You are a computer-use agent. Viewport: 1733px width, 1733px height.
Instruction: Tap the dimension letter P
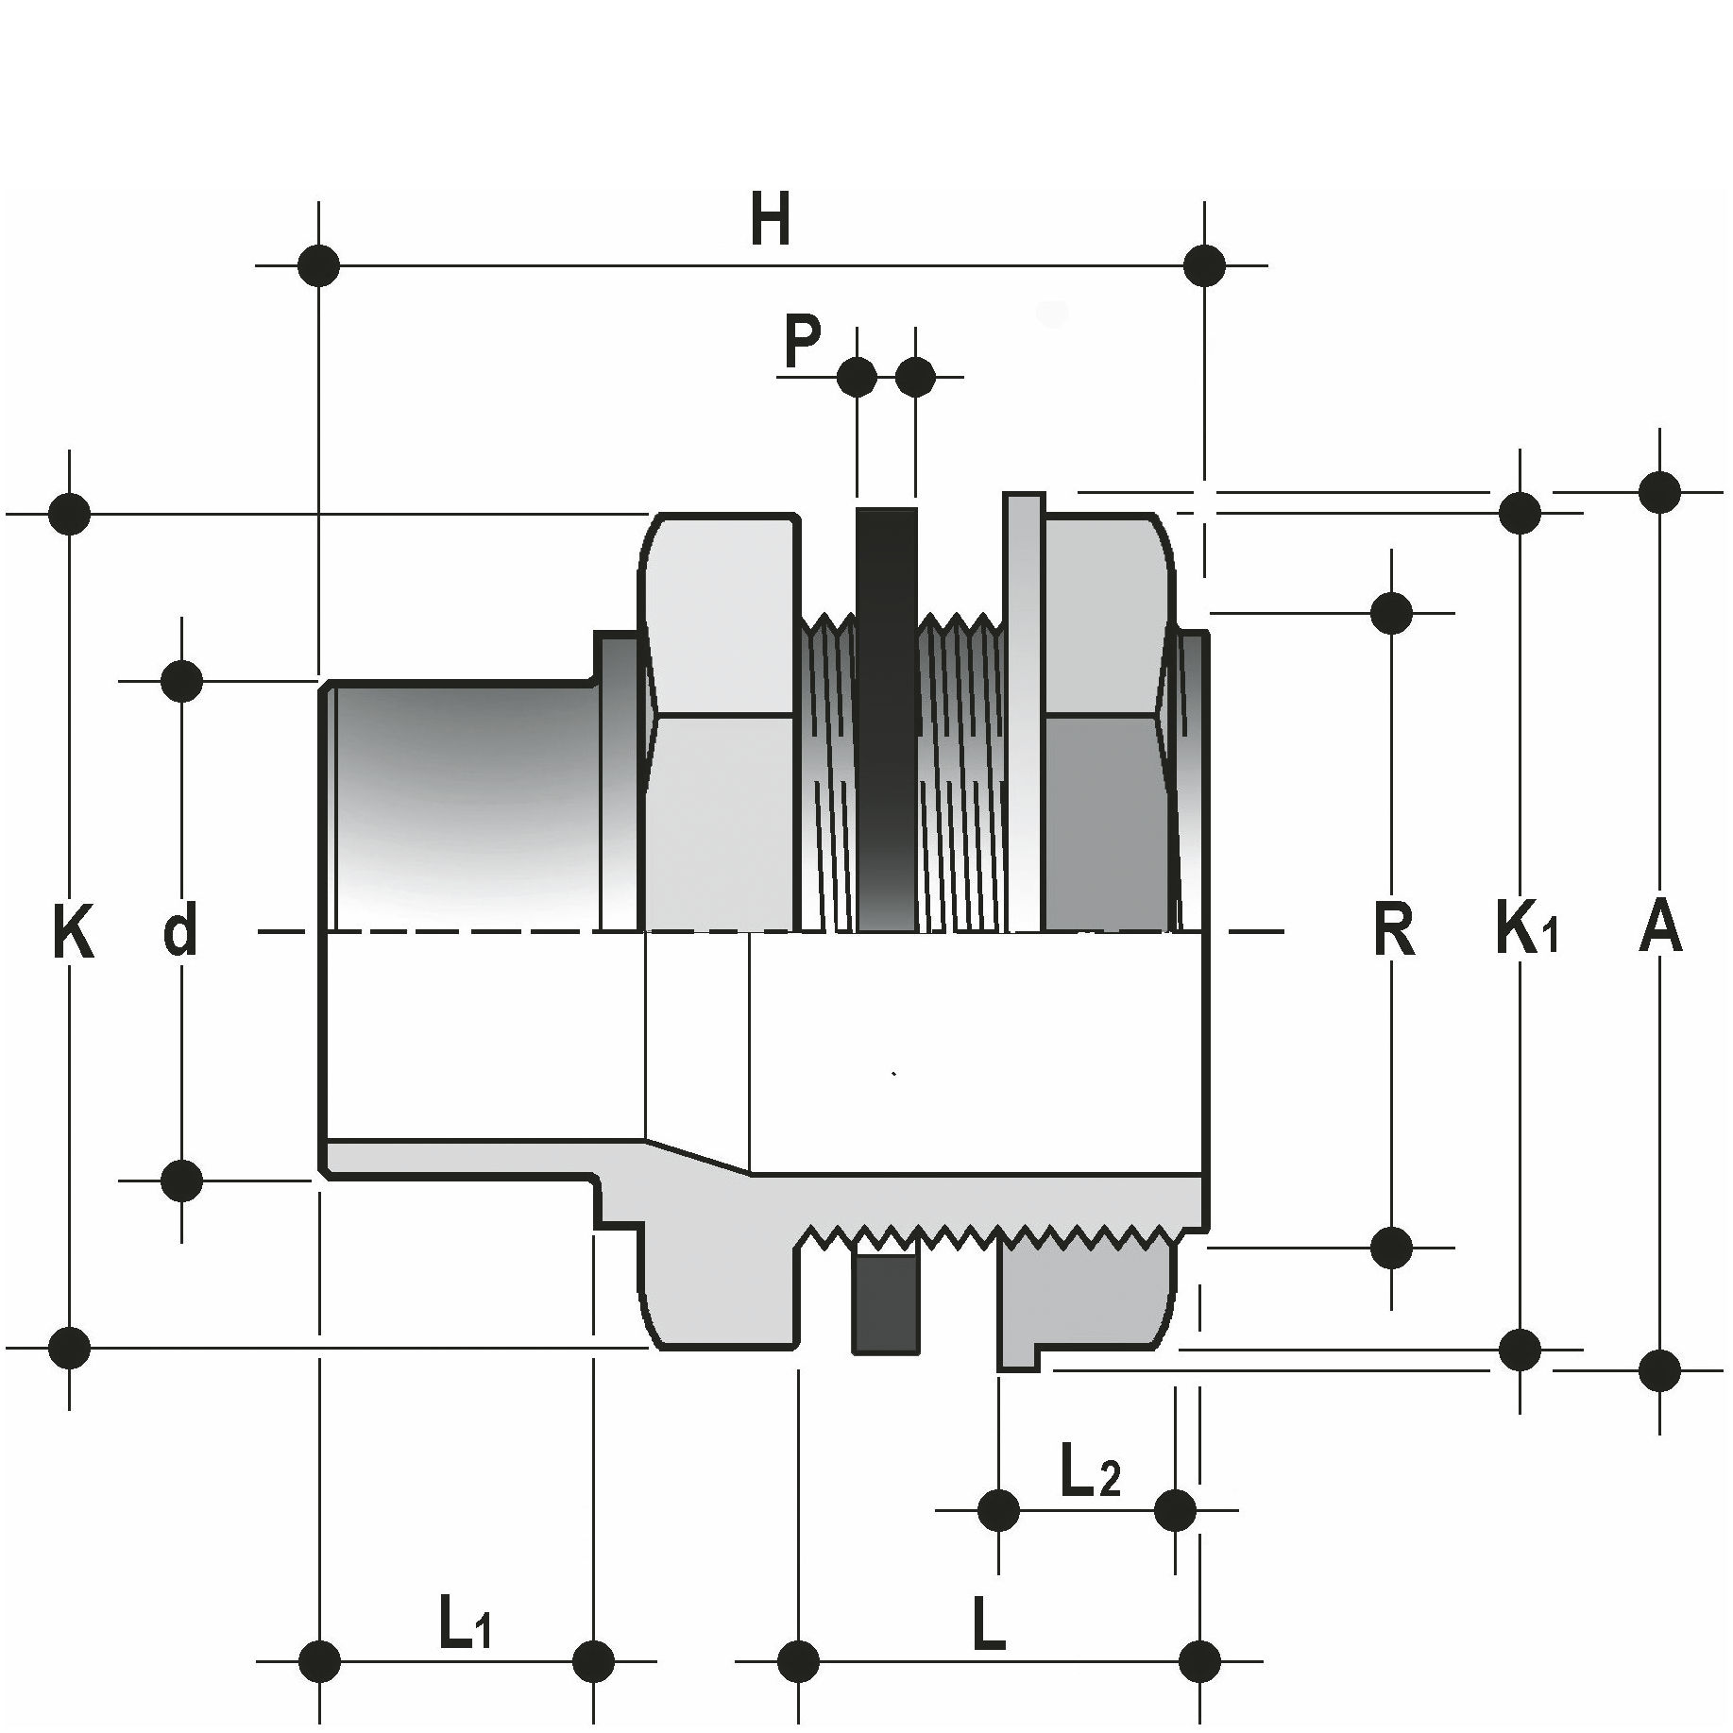pyautogui.click(x=802, y=343)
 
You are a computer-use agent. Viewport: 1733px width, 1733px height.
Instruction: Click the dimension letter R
pyautogui.click(x=1393, y=930)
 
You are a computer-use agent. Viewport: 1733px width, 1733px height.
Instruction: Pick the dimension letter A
pyautogui.click(x=1659, y=927)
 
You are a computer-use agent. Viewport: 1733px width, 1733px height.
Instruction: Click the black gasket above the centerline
pyautogui.click(x=886, y=718)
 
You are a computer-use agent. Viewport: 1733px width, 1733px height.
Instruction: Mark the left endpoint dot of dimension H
pyautogui.click(x=318, y=265)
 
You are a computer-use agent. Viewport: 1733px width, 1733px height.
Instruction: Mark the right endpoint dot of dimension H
pyautogui.click(x=1204, y=265)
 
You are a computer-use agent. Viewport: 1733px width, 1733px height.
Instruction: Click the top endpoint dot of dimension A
pyautogui.click(x=1659, y=491)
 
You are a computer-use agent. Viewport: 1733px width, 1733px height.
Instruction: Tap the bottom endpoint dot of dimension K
pyautogui.click(x=70, y=1348)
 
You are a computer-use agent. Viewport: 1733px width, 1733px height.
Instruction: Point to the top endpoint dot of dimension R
pyautogui.click(x=1391, y=613)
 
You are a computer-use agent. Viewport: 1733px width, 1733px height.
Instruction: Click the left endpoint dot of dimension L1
pyautogui.click(x=319, y=1686)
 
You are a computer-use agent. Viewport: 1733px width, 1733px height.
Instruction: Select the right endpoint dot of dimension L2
pyautogui.click(x=1175, y=1509)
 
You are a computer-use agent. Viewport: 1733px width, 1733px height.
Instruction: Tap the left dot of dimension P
pyautogui.click(x=857, y=377)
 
